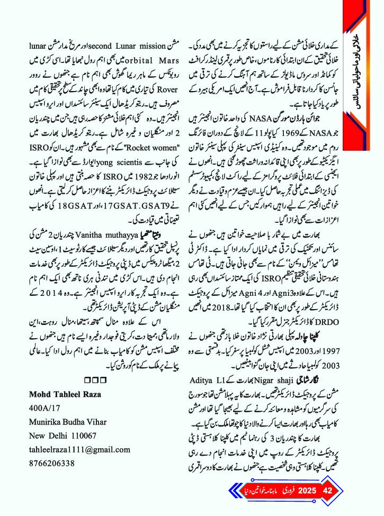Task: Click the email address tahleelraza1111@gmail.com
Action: click(x=79, y=449)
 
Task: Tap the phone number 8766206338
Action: click(x=52, y=463)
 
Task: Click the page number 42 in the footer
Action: click(x=327, y=490)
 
